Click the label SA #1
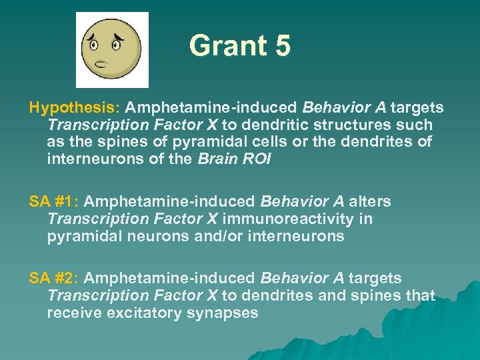coord(52,202)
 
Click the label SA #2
coord(52,278)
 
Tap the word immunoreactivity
coord(299,219)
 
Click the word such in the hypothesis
coord(416,125)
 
